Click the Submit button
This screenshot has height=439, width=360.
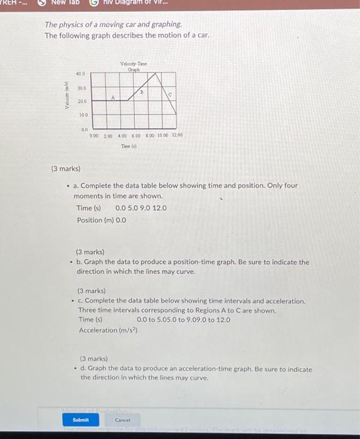tap(81, 420)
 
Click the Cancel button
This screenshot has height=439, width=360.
tap(122, 420)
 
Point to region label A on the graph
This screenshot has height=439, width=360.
tap(113, 98)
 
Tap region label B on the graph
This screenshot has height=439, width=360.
tap(142, 91)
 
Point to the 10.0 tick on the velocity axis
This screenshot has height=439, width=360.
tap(82, 115)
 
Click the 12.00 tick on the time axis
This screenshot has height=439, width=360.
tap(176, 135)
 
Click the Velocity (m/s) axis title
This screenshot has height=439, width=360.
tap(66, 95)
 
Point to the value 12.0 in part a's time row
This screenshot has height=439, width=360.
tap(159, 208)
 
